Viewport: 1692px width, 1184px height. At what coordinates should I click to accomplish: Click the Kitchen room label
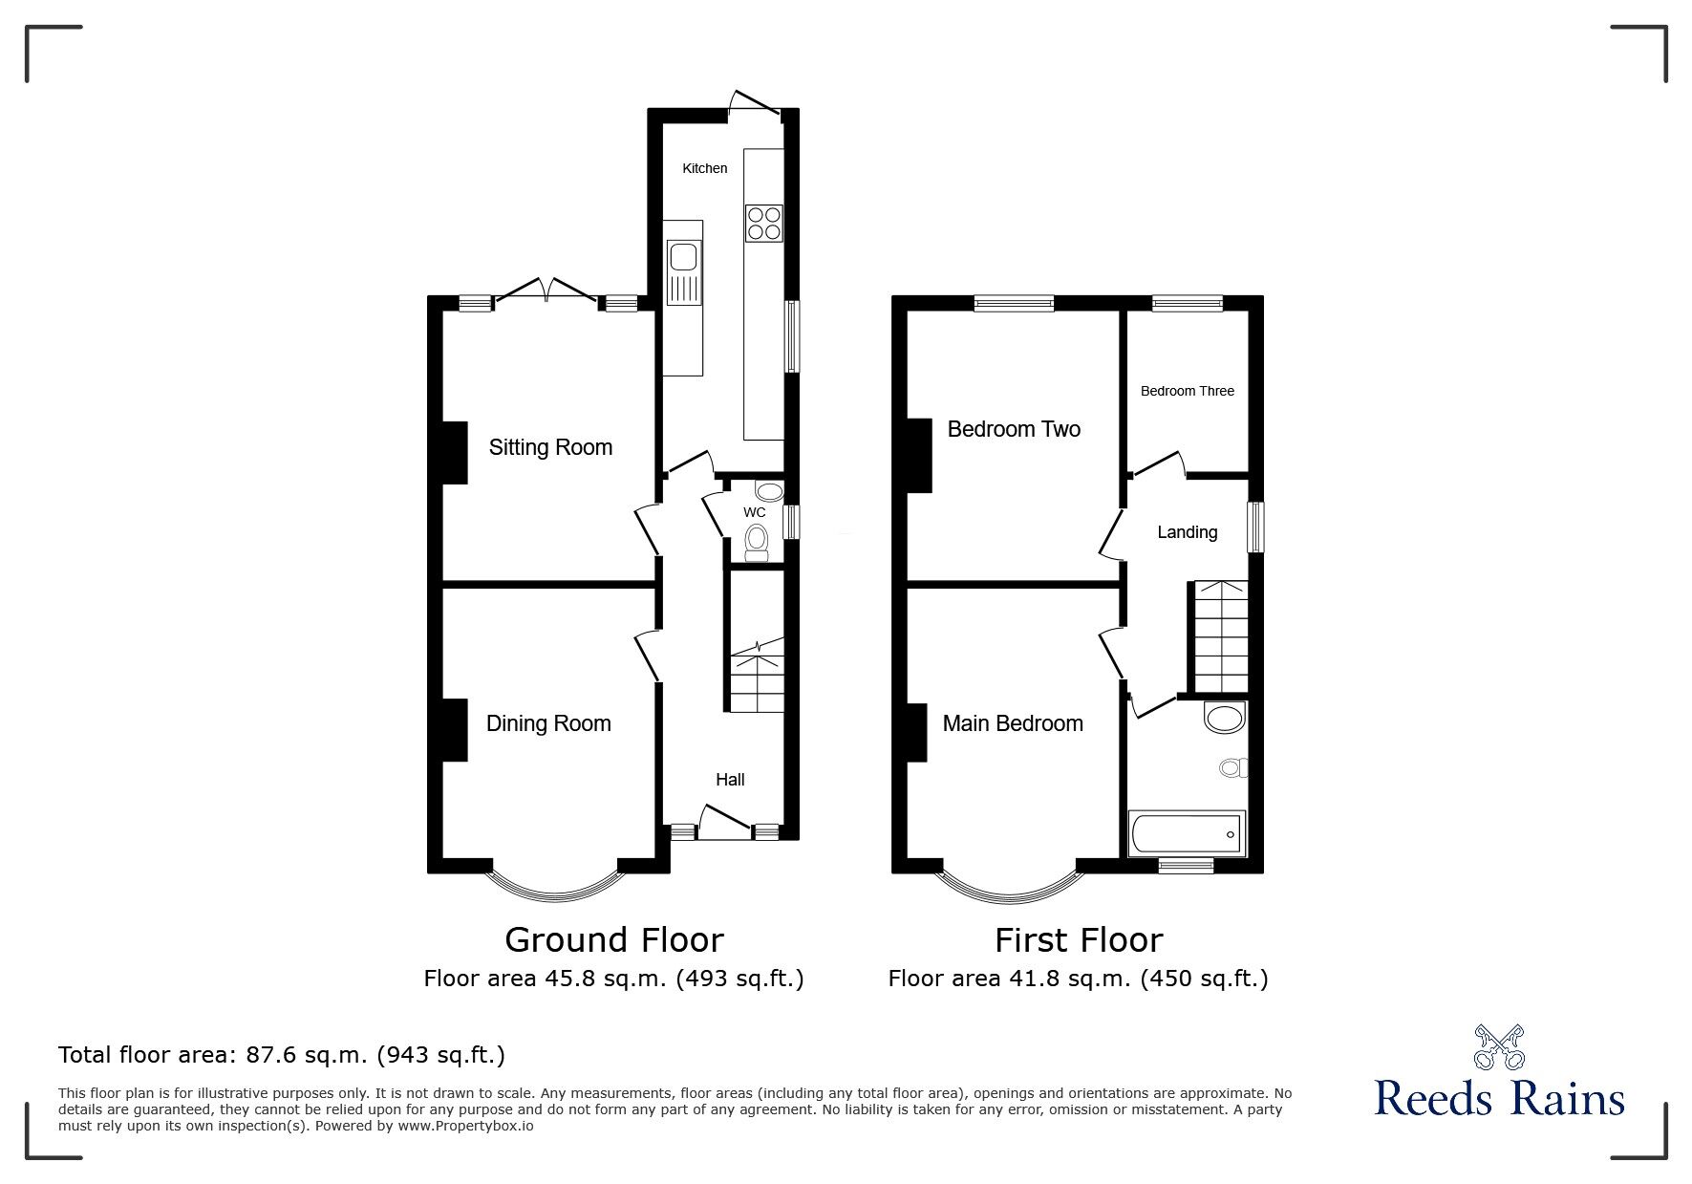coord(704,168)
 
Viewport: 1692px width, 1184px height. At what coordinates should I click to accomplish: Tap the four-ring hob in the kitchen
coord(764,223)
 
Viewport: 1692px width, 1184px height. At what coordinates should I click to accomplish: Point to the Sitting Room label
coord(550,447)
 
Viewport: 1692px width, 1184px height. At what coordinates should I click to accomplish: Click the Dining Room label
coord(548,723)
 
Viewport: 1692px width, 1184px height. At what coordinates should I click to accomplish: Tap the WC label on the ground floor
coord(755,512)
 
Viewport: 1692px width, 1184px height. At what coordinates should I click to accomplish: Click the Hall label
coord(730,780)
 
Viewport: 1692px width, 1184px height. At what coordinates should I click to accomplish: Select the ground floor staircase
coord(758,676)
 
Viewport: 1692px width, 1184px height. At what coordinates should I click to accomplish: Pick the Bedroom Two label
coord(1014,429)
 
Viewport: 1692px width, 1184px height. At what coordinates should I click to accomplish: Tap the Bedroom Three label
coord(1188,391)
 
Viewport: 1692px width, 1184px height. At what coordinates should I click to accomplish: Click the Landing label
coord(1188,532)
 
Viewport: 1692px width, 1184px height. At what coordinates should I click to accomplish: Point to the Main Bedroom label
coord(1013,723)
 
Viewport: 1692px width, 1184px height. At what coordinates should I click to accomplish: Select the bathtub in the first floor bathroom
coord(1187,834)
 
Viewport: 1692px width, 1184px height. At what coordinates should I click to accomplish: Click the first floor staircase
coord(1218,635)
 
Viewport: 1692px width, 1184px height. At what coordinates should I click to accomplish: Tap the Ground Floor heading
coord(614,940)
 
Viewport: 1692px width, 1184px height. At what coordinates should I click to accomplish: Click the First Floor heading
coord(1079,940)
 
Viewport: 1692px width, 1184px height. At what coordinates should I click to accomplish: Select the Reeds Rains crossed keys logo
coord(1500,1046)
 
